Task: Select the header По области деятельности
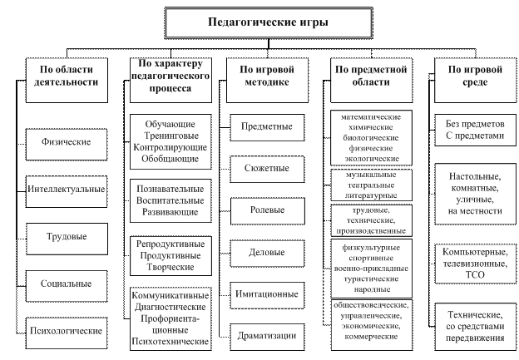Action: (x=67, y=76)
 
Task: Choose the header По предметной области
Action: (x=370, y=76)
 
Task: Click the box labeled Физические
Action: (x=67, y=141)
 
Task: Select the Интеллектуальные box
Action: (x=67, y=189)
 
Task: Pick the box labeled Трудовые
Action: (x=67, y=236)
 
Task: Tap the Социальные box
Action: (x=67, y=283)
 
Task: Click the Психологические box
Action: (x=67, y=330)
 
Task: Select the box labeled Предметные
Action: (x=266, y=127)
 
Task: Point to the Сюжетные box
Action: (x=266, y=169)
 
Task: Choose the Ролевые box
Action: (x=266, y=210)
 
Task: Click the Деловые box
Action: (x=266, y=252)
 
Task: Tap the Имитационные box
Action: (x=266, y=293)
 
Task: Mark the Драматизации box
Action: (x=266, y=335)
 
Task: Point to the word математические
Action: (x=370, y=117)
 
